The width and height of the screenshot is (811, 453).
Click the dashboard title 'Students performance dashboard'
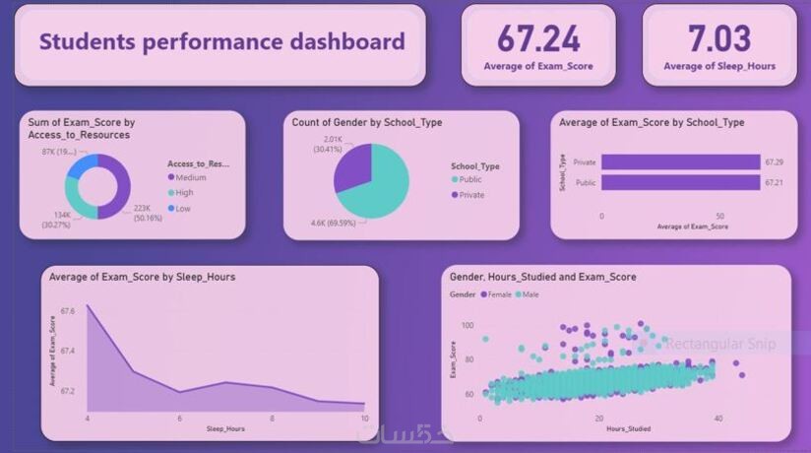pyautogui.click(x=221, y=41)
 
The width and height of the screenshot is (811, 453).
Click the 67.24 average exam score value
pyautogui.click(x=537, y=39)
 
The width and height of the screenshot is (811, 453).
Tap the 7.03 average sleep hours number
pyautogui.click(x=718, y=39)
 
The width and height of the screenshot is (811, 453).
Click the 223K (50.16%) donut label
pyautogui.click(x=144, y=214)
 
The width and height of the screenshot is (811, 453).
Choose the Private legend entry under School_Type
pyautogui.click(x=470, y=195)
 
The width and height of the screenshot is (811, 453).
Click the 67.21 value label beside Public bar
pyautogui.click(x=775, y=182)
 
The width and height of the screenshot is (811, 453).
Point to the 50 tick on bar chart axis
pyautogui.click(x=719, y=215)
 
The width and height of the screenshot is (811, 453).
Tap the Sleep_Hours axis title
pyautogui.click(x=225, y=429)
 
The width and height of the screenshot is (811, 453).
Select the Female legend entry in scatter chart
pyautogui.click(x=497, y=294)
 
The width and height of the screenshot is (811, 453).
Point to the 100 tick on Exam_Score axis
pyautogui.click(x=468, y=325)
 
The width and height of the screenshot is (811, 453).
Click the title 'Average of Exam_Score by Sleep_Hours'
pyautogui.click(x=143, y=277)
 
